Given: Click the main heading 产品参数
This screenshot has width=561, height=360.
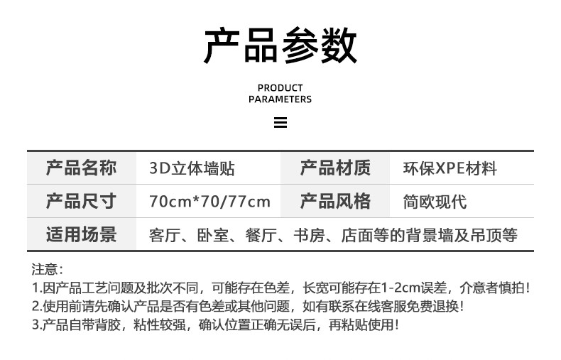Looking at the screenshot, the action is (280, 45).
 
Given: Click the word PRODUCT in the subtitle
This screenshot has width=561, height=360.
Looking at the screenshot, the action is (280, 87).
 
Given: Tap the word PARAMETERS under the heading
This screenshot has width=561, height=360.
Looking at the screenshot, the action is (280, 99).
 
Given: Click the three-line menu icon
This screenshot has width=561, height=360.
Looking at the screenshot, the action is (280, 122).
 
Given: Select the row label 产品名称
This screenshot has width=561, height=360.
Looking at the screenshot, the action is (81, 168).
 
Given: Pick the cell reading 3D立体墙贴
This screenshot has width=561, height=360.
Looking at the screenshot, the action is (192, 168).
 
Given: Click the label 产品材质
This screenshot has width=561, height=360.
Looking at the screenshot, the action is (335, 168).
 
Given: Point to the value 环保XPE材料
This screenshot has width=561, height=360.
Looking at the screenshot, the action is (450, 168).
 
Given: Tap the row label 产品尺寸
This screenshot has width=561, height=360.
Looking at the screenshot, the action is (81, 201).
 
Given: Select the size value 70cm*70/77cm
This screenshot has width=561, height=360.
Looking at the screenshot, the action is (209, 202).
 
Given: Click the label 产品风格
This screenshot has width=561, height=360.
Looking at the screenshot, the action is (335, 201).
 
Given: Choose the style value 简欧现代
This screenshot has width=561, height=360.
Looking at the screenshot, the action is (435, 202).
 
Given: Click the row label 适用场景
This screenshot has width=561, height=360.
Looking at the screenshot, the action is (81, 234).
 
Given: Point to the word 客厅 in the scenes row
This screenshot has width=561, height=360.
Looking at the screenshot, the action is (165, 236).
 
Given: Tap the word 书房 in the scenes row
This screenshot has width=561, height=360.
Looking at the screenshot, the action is (309, 236).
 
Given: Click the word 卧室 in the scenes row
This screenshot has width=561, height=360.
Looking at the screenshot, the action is (213, 236).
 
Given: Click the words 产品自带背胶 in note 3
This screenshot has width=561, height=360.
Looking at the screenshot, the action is (82, 325).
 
